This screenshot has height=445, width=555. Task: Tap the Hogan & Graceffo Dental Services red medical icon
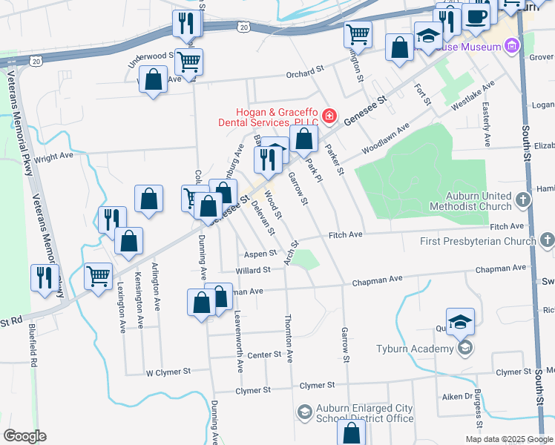(329, 117)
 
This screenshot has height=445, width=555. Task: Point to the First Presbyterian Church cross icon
(547, 240)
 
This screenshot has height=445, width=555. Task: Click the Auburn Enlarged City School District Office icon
(304, 412)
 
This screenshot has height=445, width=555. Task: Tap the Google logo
(24, 435)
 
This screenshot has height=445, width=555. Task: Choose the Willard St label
(252, 271)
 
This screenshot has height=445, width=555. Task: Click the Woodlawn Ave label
(386, 139)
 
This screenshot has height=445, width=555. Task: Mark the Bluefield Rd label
(33, 346)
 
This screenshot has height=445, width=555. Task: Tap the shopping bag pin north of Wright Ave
(153, 79)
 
